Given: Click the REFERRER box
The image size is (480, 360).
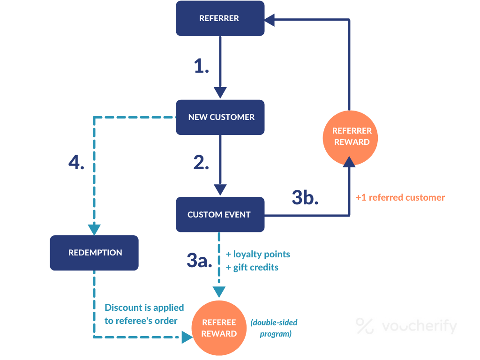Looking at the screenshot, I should [x=220, y=18].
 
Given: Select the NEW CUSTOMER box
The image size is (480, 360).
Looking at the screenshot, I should [x=220, y=117].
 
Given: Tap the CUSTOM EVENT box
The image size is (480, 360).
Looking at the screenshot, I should [x=220, y=215].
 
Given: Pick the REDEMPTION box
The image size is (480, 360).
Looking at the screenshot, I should [x=94, y=253].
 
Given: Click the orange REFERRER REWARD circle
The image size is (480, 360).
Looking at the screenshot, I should [x=352, y=136].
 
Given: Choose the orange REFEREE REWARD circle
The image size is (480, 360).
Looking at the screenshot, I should [x=219, y=328].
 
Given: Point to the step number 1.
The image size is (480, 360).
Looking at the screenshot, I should [x=202, y=67].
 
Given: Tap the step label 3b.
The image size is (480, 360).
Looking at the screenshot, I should [x=305, y=197].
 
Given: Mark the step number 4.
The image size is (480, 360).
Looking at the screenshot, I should [x=76, y=162].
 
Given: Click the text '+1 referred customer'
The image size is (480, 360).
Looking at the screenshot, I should [x=400, y=197].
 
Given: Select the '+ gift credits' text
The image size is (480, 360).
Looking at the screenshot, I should [x=252, y=267].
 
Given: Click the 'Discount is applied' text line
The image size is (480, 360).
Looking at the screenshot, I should [x=144, y=307].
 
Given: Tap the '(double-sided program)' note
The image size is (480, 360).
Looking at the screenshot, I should [x=274, y=328].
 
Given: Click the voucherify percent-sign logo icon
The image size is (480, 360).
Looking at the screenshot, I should [x=364, y=326].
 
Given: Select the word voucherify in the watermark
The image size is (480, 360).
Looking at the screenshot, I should [x=419, y=326].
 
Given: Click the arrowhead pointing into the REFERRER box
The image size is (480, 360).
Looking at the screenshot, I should [x=270, y=19].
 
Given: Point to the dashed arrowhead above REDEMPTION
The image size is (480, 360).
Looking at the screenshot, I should [x=94, y=229].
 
